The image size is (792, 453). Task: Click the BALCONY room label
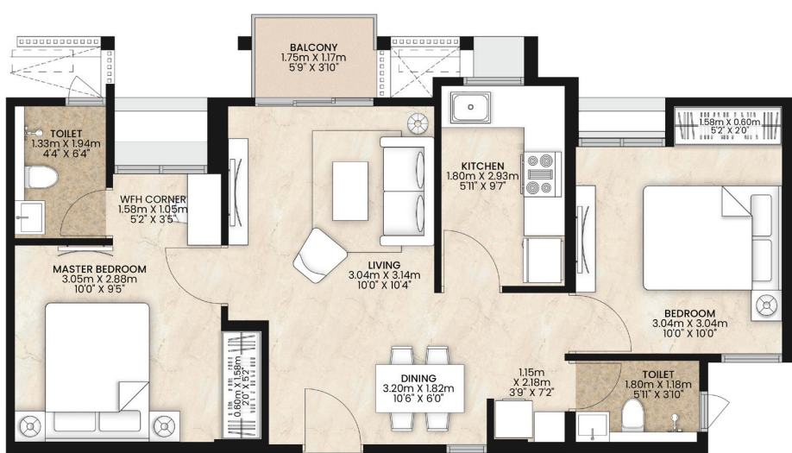point(313,48)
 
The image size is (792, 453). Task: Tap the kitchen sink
point(471,107)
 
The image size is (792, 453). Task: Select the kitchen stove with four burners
point(541,174)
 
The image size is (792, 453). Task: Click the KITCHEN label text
point(482,166)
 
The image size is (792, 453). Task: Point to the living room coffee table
point(350,191)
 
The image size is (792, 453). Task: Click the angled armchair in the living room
point(320,255)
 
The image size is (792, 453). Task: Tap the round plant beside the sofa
point(418,123)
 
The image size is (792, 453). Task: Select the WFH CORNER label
point(153,199)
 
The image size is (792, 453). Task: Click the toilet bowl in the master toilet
point(42,177)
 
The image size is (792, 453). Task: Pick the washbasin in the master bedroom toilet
point(29,217)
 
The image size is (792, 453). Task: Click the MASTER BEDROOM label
point(99,269)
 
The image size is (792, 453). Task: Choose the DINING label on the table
point(418,378)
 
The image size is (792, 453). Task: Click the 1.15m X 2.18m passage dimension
point(531,382)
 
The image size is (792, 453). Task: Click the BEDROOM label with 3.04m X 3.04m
point(689,313)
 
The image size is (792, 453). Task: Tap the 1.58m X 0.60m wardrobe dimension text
point(729,126)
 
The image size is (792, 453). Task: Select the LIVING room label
point(384,265)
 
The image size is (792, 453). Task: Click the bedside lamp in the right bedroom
point(766,305)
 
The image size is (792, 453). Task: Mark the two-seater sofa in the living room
point(406,191)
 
